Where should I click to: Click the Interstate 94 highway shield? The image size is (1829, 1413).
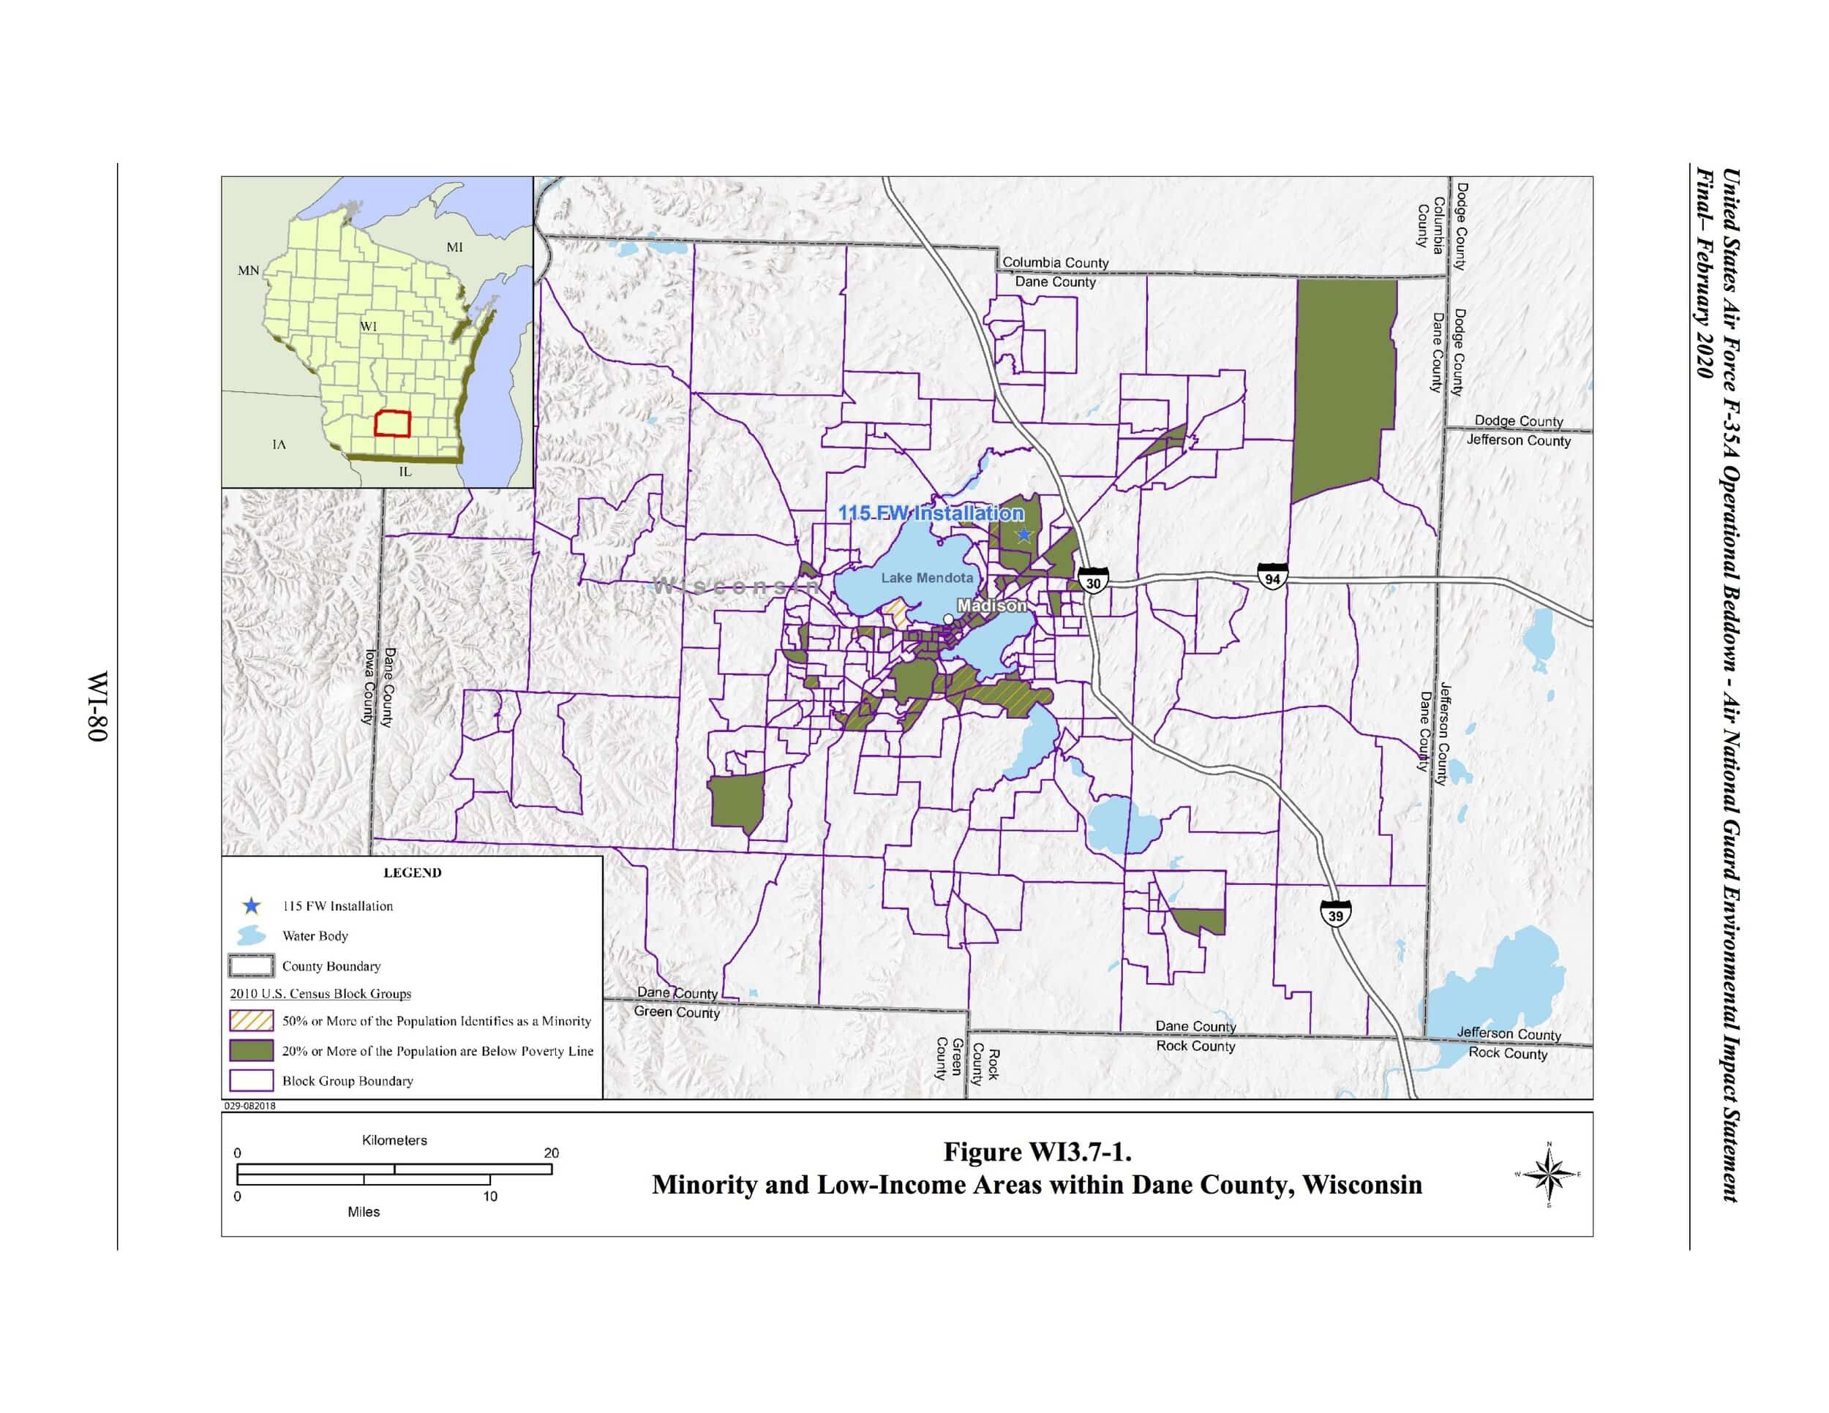point(1272,577)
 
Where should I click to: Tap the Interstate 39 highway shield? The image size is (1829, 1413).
point(1335,914)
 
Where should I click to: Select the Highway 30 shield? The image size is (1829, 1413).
point(1093,581)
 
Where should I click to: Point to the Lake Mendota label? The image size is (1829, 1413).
point(927,578)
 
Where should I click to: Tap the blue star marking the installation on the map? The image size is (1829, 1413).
point(1024,535)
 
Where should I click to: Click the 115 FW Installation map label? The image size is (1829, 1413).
point(931,513)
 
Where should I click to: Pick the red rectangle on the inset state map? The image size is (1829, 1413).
point(391,423)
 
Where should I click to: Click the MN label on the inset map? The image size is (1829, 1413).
point(249,271)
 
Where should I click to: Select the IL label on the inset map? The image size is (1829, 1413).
point(405,471)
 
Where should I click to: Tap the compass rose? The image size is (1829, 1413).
point(1549,1175)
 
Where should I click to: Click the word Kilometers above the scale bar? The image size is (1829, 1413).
point(394,1140)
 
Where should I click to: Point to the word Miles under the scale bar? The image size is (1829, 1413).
point(364,1211)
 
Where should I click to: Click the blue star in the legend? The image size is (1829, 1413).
point(251,905)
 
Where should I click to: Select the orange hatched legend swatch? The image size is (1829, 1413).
point(251,1020)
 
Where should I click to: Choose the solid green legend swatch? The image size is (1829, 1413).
point(251,1050)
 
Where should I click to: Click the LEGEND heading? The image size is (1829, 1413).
point(412,873)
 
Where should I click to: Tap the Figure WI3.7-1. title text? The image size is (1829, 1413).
point(1037,1153)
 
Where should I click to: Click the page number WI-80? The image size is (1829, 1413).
point(98,706)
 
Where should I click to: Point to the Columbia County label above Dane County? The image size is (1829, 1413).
point(1055,263)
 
